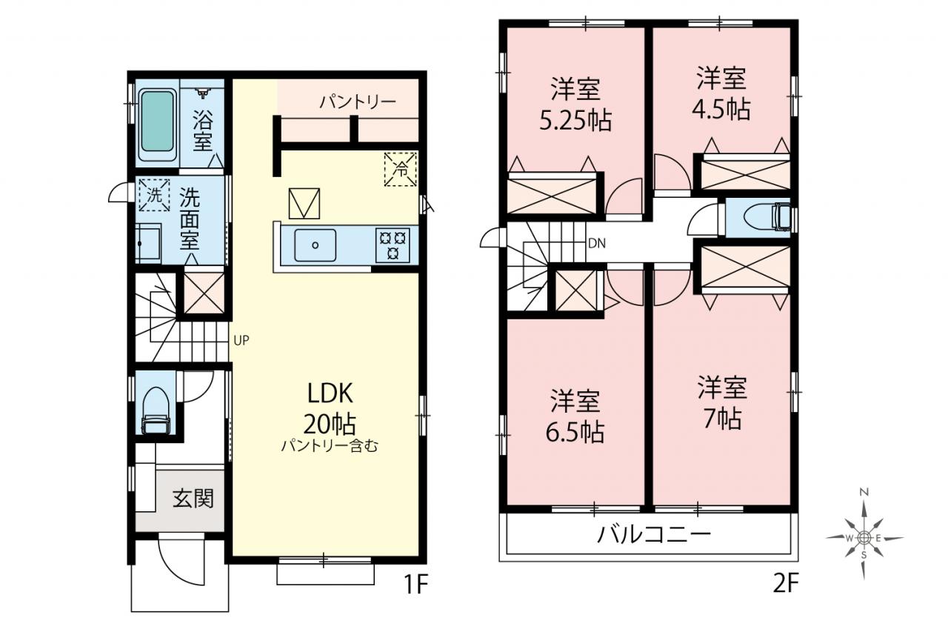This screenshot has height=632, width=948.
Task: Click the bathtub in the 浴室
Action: click(158, 124)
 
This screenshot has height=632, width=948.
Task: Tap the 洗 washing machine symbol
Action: click(155, 195)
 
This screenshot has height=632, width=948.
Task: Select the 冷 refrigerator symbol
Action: click(401, 170)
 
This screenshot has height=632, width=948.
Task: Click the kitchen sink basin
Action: click(316, 245)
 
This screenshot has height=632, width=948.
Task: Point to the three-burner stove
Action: click(393, 245)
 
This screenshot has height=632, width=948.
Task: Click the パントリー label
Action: click(358, 102)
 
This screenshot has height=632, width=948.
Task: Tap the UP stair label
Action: click(241, 340)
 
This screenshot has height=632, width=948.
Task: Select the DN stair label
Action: click(597, 244)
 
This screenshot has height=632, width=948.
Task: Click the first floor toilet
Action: click(156, 410)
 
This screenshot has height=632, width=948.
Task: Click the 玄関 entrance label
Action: click(193, 498)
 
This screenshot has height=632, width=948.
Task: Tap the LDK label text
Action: click(330, 393)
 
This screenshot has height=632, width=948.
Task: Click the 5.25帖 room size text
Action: click(575, 121)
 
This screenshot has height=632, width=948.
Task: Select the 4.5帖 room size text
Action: click(721, 110)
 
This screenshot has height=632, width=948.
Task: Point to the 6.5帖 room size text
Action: click(575, 432)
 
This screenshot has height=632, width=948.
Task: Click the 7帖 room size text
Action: click(722, 419)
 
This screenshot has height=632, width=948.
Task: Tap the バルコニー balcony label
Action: click(653, 535)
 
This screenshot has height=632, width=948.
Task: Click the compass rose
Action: click(864, 538)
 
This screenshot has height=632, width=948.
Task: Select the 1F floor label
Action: click(416, 585)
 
